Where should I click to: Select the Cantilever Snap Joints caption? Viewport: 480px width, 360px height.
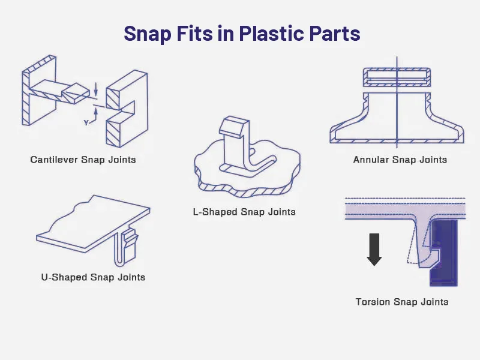pyautogui.click(x=83, y=160)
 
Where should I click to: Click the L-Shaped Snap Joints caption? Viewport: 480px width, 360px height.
pyautogui.click(x=244, y=212)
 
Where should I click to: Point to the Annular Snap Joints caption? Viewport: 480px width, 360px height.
pyautogui.click(x=400, y=160)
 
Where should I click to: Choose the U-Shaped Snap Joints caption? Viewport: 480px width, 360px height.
pyautogui.click(x=93, y=277)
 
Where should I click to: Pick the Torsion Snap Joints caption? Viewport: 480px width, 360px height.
pyautogui.click(x=401, y=302)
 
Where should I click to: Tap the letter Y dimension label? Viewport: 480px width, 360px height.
pyautogui.click(x=87, y=122)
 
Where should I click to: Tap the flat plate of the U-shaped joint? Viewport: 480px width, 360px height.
pyautogui.click(x=90, y=222)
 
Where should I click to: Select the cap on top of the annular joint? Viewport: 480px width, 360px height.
pyautogui.click(x=397, y=77)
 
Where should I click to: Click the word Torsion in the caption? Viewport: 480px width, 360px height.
pyautogui.click(x=373, y=302)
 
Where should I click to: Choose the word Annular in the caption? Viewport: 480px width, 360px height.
pyautogui.click(x=371, y=160)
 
